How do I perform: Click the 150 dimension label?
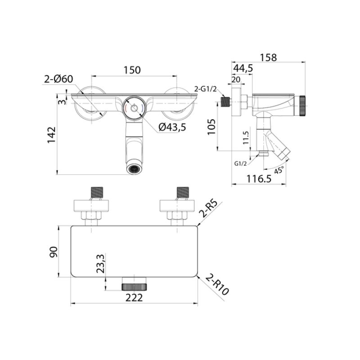pyautogui.click(x=132, y=70)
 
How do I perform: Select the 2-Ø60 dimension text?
pyautogui.click(x=58, y=80)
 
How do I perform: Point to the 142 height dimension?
pyautogui.click(x=52, y=135)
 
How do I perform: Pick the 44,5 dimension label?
pyautogui.click(x=243, y=68)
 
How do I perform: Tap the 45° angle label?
pyautogui.click(x=279, y=170)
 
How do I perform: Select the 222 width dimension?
pyautogui.click(x=134, y=297)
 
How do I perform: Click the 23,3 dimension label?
pyautogui.click(x=101, y=263)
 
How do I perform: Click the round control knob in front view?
pyautogui.click(x=134, y=108)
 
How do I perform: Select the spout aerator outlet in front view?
pyautogui.click(x=134, y=169)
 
